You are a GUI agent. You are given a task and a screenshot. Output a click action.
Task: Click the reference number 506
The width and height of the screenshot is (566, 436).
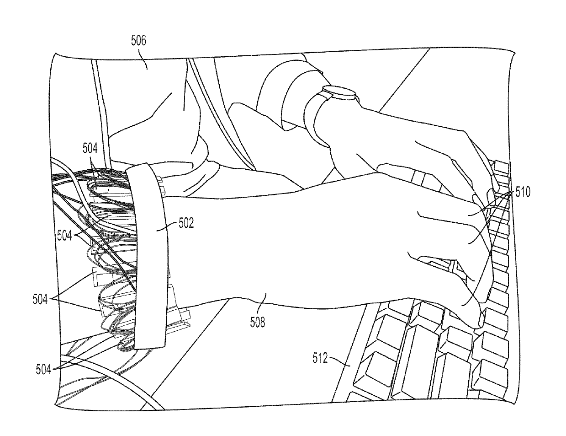click(x=138, y=41)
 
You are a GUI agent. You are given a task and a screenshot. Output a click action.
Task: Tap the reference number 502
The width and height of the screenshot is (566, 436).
click(x=186, y=223)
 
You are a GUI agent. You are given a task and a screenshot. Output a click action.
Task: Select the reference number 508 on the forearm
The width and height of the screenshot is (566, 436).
click(x=258, y=323)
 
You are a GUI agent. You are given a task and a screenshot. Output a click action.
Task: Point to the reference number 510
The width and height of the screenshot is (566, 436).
click(x=523, y=192)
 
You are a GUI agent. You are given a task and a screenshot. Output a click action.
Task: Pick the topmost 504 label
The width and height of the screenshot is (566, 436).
click(x=90, y=148)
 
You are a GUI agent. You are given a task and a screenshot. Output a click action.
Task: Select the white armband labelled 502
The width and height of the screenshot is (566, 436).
click(x=148, y=256)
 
